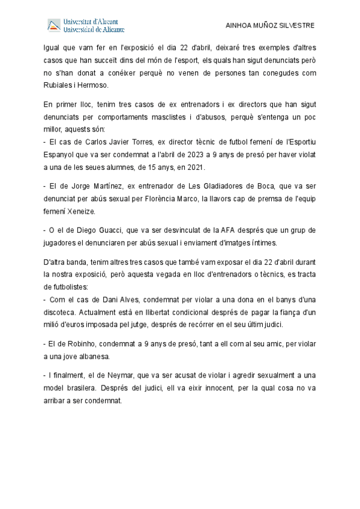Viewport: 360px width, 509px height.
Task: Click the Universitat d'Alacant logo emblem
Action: (55, 25)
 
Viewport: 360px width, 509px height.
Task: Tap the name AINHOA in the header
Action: (238, 26)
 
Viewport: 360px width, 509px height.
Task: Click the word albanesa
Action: (91, 357)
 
